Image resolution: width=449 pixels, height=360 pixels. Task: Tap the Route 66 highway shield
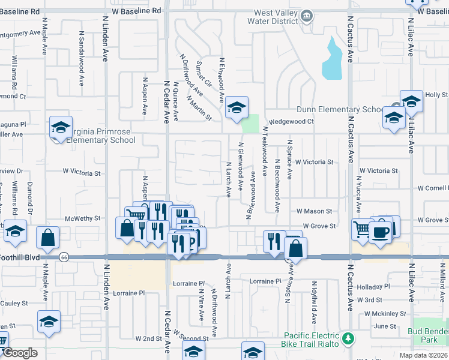pos(64,257)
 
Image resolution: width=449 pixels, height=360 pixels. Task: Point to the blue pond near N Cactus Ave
pos(331,59)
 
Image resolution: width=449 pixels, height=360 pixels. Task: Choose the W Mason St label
pos(314,211)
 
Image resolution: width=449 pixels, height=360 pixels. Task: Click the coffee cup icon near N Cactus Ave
pos(380,232)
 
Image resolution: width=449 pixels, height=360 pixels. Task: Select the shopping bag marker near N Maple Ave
pos(47,238)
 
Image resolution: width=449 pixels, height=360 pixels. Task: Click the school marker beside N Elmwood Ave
pos(237,108)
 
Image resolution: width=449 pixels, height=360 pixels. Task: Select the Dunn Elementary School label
pos(339,110)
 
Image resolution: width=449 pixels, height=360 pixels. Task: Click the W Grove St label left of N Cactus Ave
pos(318,226)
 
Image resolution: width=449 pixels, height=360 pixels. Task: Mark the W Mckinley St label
pos(385,313)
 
